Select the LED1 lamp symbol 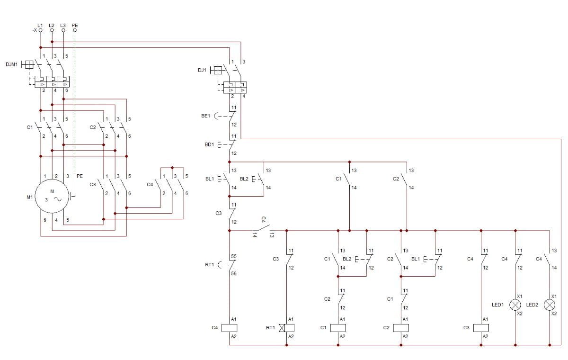(x=515, y=305)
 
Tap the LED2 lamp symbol (x=550, y=305)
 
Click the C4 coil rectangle (x=230, y=328)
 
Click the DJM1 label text (x=11, y=64)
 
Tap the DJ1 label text (x=202, y=70)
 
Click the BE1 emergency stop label (x=205, y=116)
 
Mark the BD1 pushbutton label (x=209, y=144)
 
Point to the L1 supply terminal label (x=40, y=25)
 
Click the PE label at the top (x=75, y=25)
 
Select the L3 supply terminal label (x=63, y=25)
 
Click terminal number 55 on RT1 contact (x=234, y=256)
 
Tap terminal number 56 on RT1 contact (x=234, y=273)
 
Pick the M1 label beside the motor (x=30, y=197)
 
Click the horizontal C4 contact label (x=264, y=219)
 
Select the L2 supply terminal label (x=52, y=25)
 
